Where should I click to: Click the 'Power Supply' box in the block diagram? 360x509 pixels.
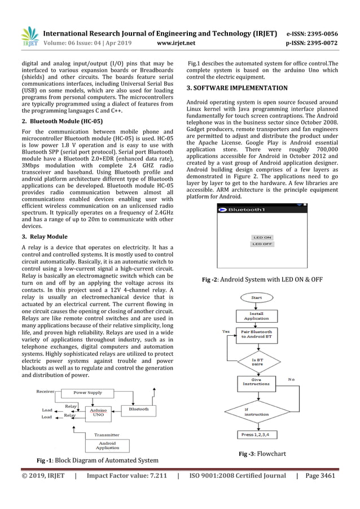pyautogui.click(x=87, y=392)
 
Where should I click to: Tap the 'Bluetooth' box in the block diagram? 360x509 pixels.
pyautogui.click(x=139, y=409)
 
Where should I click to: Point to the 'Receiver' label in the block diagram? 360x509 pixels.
pyautogui.click(x=45, y=391)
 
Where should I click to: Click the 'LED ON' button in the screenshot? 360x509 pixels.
pyautogui.click(x=262, y=238)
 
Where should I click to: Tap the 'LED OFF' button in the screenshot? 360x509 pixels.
pyautogui.click(x=262, y=244)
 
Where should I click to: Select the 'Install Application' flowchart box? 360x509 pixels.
pyautogui.click(x=256, y=315)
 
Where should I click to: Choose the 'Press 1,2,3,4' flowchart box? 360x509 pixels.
pyautogui.click(x=256, y=435)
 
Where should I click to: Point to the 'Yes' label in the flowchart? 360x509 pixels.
pyautogui.click(x=225, y=331)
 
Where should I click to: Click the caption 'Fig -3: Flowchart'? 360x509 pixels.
pyautogui.click(x=262, y=454)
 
